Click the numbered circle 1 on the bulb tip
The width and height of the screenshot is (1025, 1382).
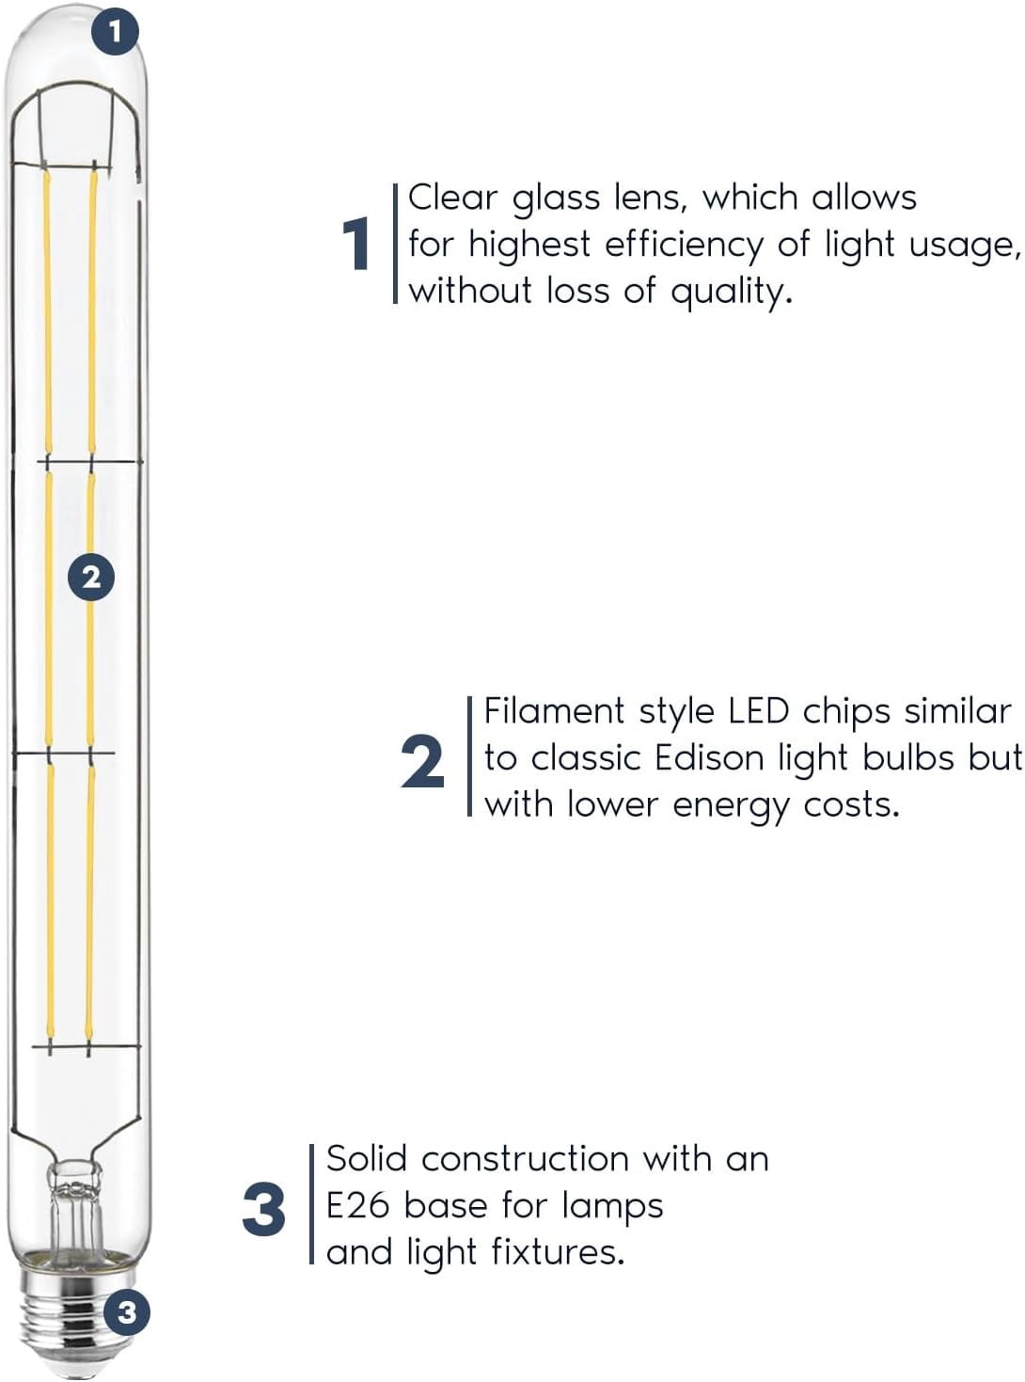point(115,31)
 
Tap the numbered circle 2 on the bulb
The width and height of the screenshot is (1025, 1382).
point(91,577)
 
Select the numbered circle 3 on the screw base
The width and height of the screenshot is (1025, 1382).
point(127,1312)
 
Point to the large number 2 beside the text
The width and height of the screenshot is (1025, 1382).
point(422,761)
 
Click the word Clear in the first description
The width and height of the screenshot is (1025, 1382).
point(452,199)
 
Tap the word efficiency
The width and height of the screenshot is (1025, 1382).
point(684,245)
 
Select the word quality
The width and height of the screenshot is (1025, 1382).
point(732,292)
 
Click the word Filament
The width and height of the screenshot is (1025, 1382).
point(554,711)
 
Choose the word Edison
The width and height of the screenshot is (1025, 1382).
point(710,758)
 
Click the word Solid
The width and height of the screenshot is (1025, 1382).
point(367,1159)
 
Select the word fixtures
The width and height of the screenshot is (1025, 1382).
point(558,1252)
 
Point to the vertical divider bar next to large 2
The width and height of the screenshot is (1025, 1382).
point(470,755)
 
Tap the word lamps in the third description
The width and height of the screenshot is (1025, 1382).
point(612,1208)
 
